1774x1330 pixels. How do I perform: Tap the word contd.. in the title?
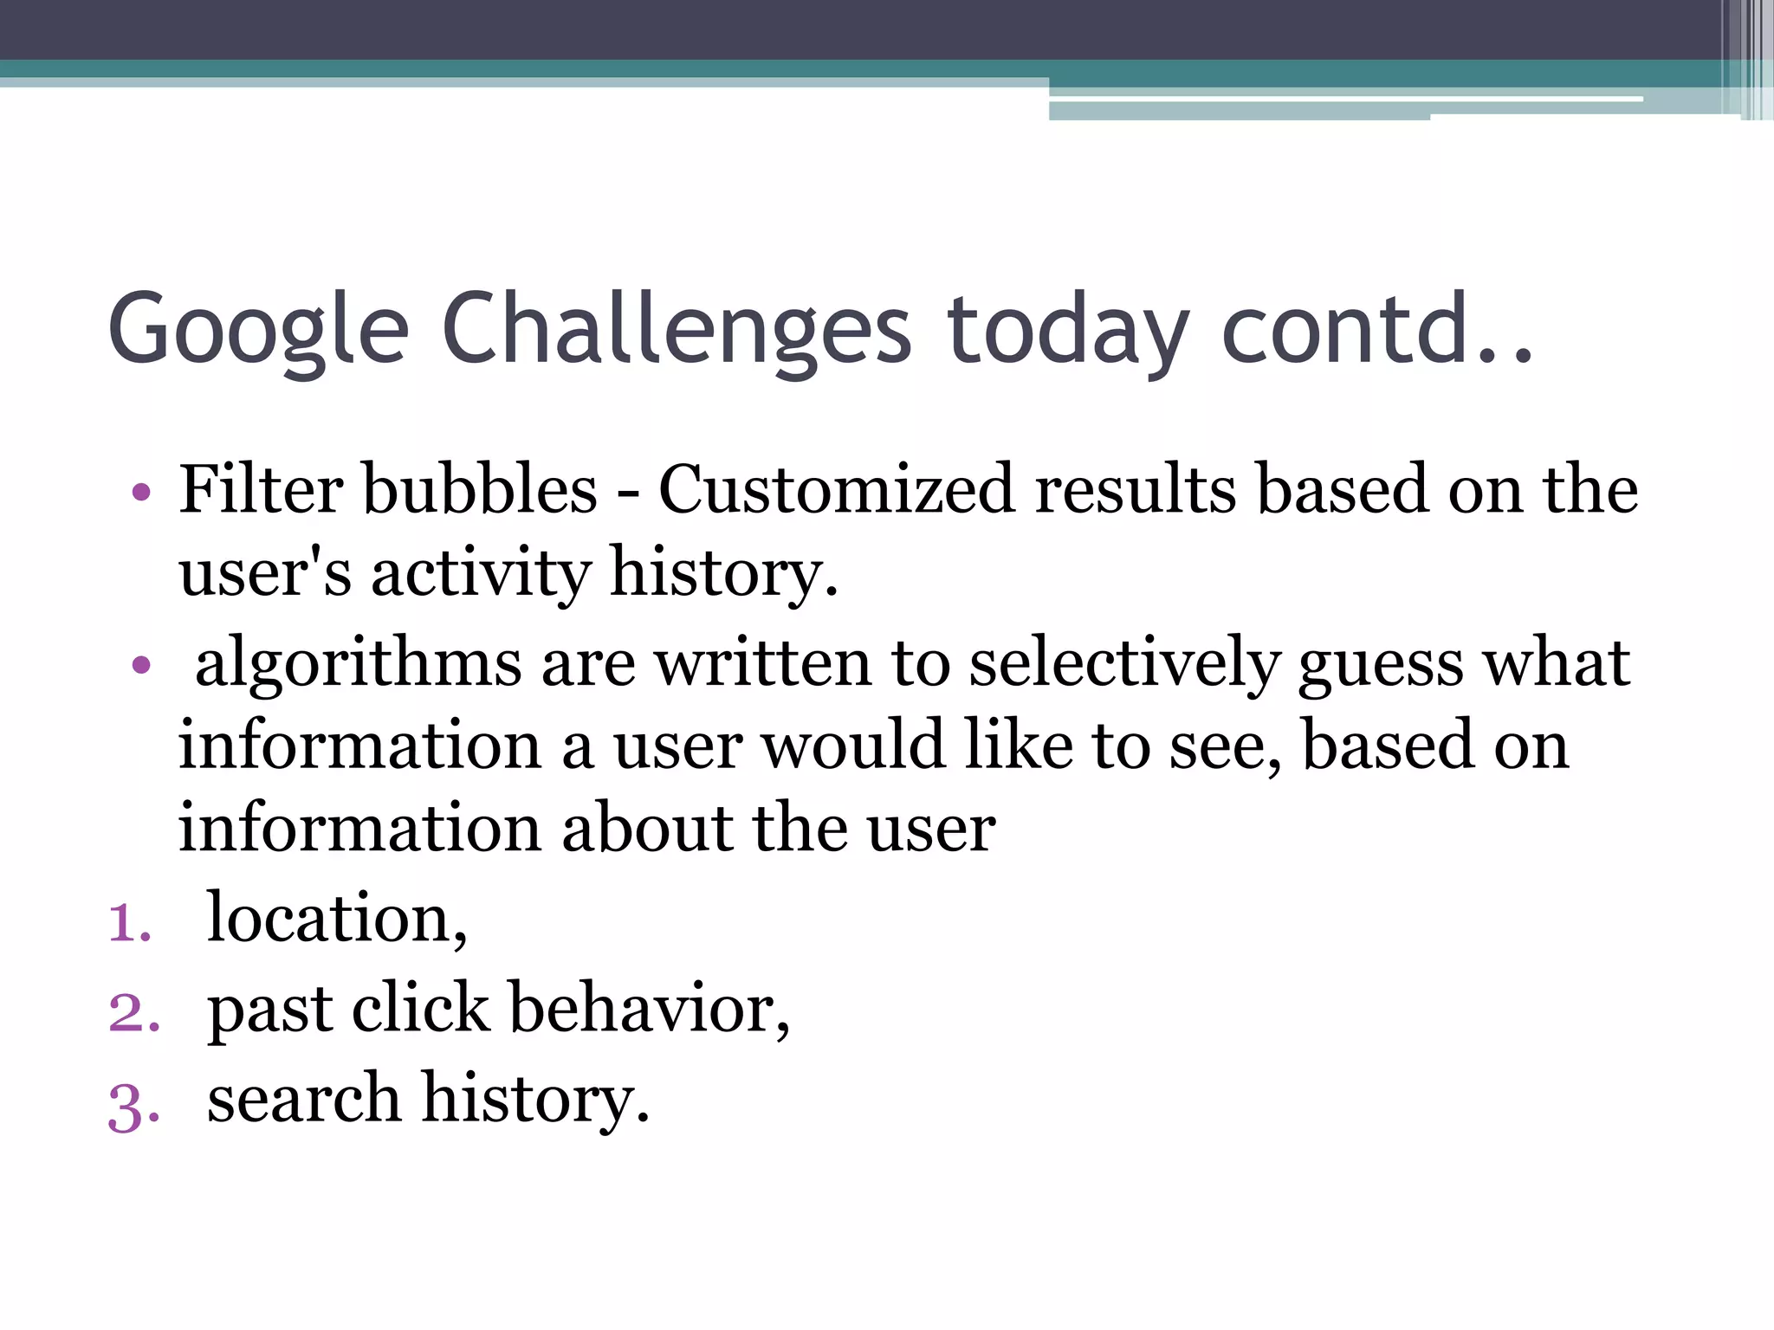point(1377,329)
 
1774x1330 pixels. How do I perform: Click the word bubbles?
point(480,490)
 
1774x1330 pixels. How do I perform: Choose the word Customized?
point(836,490)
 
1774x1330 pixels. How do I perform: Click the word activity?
point(482,573)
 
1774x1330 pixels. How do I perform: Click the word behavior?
point(649,1009)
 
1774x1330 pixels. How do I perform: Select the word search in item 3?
point(304,1100)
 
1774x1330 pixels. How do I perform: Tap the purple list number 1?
point(129,923)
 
